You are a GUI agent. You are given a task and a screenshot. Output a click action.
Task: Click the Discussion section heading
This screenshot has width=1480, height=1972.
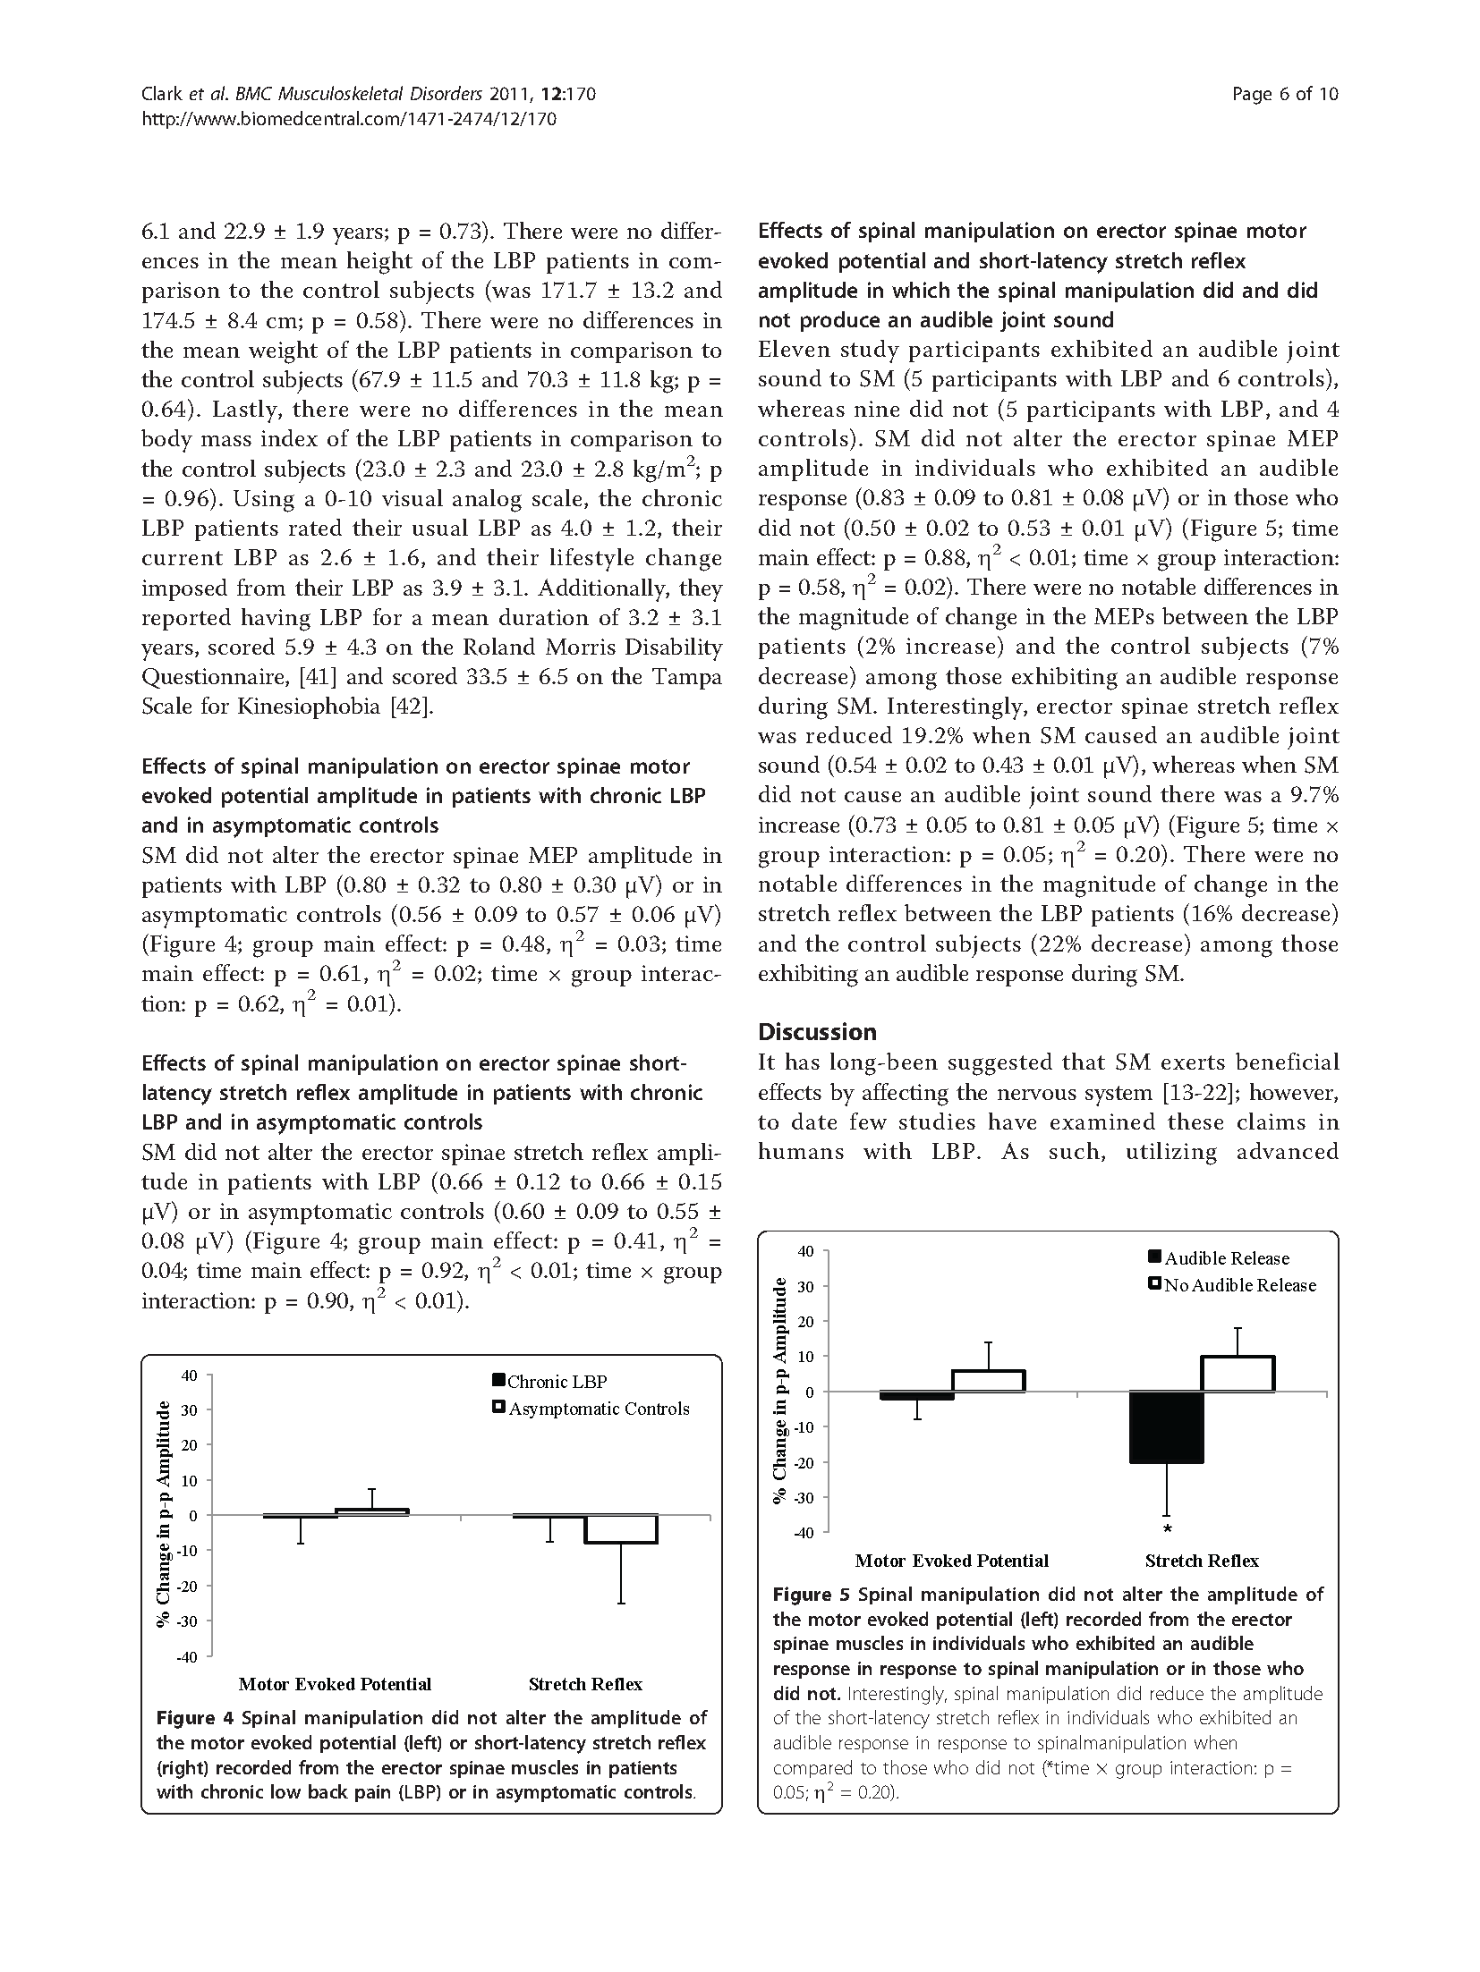[817, 1032]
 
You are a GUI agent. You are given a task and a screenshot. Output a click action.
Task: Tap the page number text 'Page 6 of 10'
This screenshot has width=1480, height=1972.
[1284, 94]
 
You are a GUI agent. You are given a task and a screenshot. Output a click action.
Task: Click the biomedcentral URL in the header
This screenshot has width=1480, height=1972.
[349, 118]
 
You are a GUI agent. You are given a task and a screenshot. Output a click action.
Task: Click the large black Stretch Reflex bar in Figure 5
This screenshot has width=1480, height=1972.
[1166, 1427]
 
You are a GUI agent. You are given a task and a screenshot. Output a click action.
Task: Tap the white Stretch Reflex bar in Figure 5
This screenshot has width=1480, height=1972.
[1238, 1375]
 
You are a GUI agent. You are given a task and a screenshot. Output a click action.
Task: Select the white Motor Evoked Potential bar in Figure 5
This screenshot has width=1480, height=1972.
[988, 1382]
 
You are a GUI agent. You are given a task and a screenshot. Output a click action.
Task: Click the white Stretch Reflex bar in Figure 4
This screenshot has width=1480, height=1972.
[621, 1528]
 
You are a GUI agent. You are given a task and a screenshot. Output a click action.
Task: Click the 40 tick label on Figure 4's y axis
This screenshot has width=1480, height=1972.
[189, 1375]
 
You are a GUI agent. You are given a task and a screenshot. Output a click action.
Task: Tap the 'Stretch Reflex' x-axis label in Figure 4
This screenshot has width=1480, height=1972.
[585, 1684]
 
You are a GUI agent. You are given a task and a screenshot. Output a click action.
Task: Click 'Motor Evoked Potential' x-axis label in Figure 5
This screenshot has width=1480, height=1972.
[951, 1561]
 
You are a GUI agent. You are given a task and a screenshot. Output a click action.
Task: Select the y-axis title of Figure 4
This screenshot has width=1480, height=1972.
[164, 1516]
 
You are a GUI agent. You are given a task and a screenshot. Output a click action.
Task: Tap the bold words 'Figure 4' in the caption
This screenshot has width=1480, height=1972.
[195, 1718]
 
